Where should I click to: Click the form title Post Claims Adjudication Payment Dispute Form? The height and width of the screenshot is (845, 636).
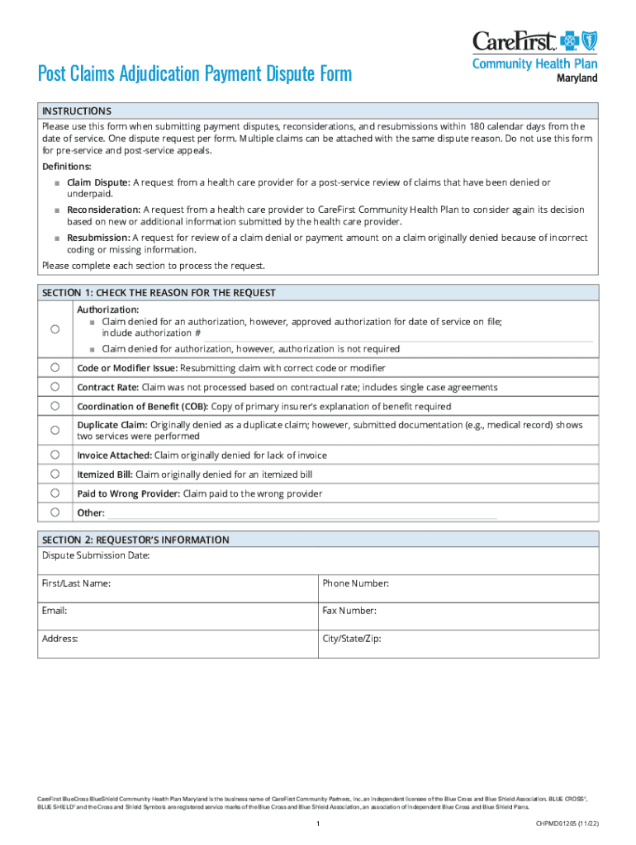click(x=195, y=74)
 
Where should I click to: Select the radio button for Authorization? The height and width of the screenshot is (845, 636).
click(x=55, y=329)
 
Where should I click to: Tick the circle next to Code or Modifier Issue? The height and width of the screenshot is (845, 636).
click(x=55, y=367)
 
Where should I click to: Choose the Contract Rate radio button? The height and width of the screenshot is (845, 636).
click(x=55, y=386)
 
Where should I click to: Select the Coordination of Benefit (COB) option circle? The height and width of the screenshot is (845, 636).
click(x=55, y=406)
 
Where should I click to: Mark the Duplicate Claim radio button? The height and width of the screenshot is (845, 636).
click(x=55, y=430)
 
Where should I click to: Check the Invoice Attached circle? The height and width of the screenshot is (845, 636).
click(x=55, y=455)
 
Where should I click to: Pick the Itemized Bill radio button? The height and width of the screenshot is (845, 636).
click(x=55, y=474)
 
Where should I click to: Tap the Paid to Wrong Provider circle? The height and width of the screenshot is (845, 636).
click(x=55, y=493)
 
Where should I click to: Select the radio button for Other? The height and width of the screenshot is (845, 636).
click(x=55, y=512)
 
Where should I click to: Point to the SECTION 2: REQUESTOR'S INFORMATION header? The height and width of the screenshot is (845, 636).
click(x=135, y=540)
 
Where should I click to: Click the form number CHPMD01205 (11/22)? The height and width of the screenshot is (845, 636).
click(x=567, y=824)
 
